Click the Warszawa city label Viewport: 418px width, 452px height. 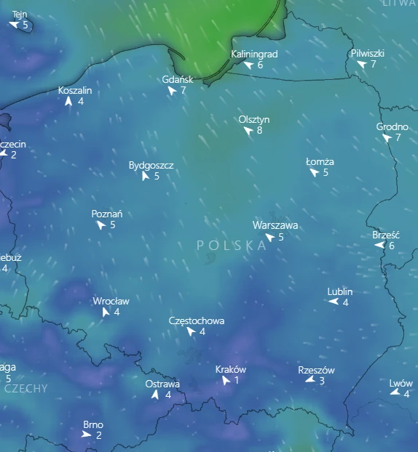click(x=275, y=225)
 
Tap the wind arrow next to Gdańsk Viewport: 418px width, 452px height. click(x=172, y=91)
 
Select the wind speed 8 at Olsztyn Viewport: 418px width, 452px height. click(x=259, y=131)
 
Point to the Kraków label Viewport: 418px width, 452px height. click(x=231, y=369)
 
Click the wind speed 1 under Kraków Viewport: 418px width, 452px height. click(x=237, y=380)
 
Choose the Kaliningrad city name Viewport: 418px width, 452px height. click(x=254, y=54)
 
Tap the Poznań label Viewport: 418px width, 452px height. click(x=107, y=214)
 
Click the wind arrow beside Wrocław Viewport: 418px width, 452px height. click(x=106, y=312)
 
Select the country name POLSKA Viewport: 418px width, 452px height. click(x=232, y=246)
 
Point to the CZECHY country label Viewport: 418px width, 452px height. click(x=26, y=388)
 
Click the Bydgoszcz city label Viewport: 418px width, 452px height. click(x=151, y=165)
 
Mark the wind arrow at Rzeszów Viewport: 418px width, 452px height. click(x=309, y=380)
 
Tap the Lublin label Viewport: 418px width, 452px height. click(x=340, y=291)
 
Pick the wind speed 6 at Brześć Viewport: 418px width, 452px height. click(x=392, y=246)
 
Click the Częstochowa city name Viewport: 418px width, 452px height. click(x=197, y=320)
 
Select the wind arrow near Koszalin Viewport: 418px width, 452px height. click(x=68, y=102)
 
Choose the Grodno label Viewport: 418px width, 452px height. click(x=392, y=127)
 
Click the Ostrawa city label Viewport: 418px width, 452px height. click(x=162, y=384)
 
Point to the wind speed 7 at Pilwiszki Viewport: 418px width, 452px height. click(x=374, y=64)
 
